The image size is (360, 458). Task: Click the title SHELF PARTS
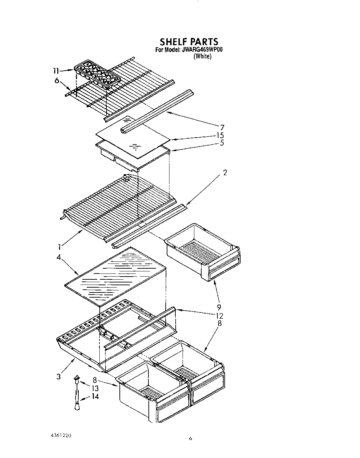coord(189,42)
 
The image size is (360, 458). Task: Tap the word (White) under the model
coord(202,56)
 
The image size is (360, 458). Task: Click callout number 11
coord(56,71)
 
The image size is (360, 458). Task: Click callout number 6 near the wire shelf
coord(57,81)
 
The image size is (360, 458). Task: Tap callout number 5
coord(221,142)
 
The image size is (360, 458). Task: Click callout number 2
coord(225,173)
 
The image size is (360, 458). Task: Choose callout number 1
coord(60,246)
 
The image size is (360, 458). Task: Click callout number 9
coord(219,307)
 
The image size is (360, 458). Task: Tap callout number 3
coord(58,377)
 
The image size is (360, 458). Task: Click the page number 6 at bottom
coord(190,439)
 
